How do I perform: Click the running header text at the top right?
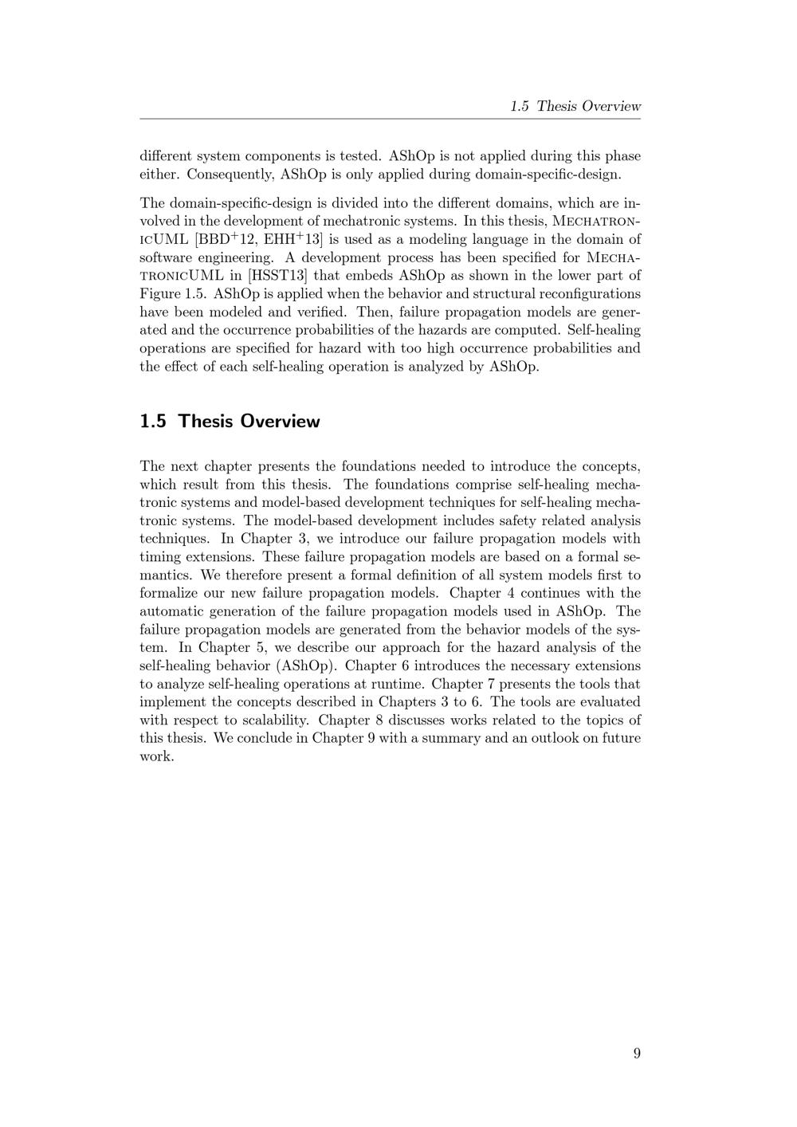575,106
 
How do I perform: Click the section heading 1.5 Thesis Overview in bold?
230,421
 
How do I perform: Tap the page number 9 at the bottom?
637,1054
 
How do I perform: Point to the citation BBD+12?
228,239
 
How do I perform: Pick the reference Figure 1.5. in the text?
174,294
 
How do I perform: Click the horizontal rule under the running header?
391,120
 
